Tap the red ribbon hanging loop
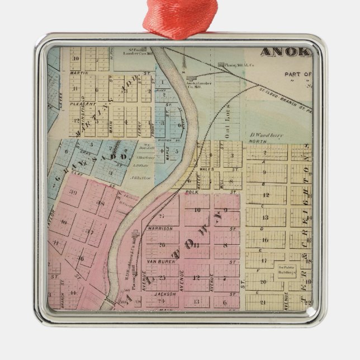179,17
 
